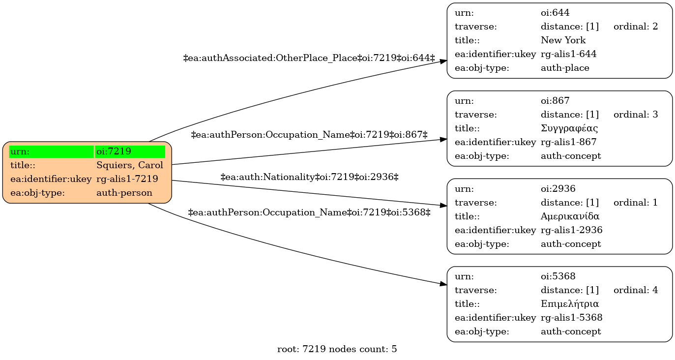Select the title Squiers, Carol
[130, 165]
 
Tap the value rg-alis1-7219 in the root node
[127, 179]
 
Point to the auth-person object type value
[124, 193]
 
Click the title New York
[563, 40]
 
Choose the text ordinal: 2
[636, 27]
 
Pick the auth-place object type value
[565, 68]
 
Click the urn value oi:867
[555, 101]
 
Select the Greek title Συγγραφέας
[569, 129]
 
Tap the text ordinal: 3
[636, 115]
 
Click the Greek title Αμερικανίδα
[570, 216]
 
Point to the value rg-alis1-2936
[571, 230]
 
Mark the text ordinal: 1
[636, 203]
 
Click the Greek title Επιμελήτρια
[569, 304]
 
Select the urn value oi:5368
[558, 276]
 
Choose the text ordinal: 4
[636, 290]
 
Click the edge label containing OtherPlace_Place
[309, 58]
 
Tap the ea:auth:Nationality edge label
[309, 177]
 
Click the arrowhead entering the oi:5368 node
[443, 284]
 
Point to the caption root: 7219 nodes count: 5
[337, 349]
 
